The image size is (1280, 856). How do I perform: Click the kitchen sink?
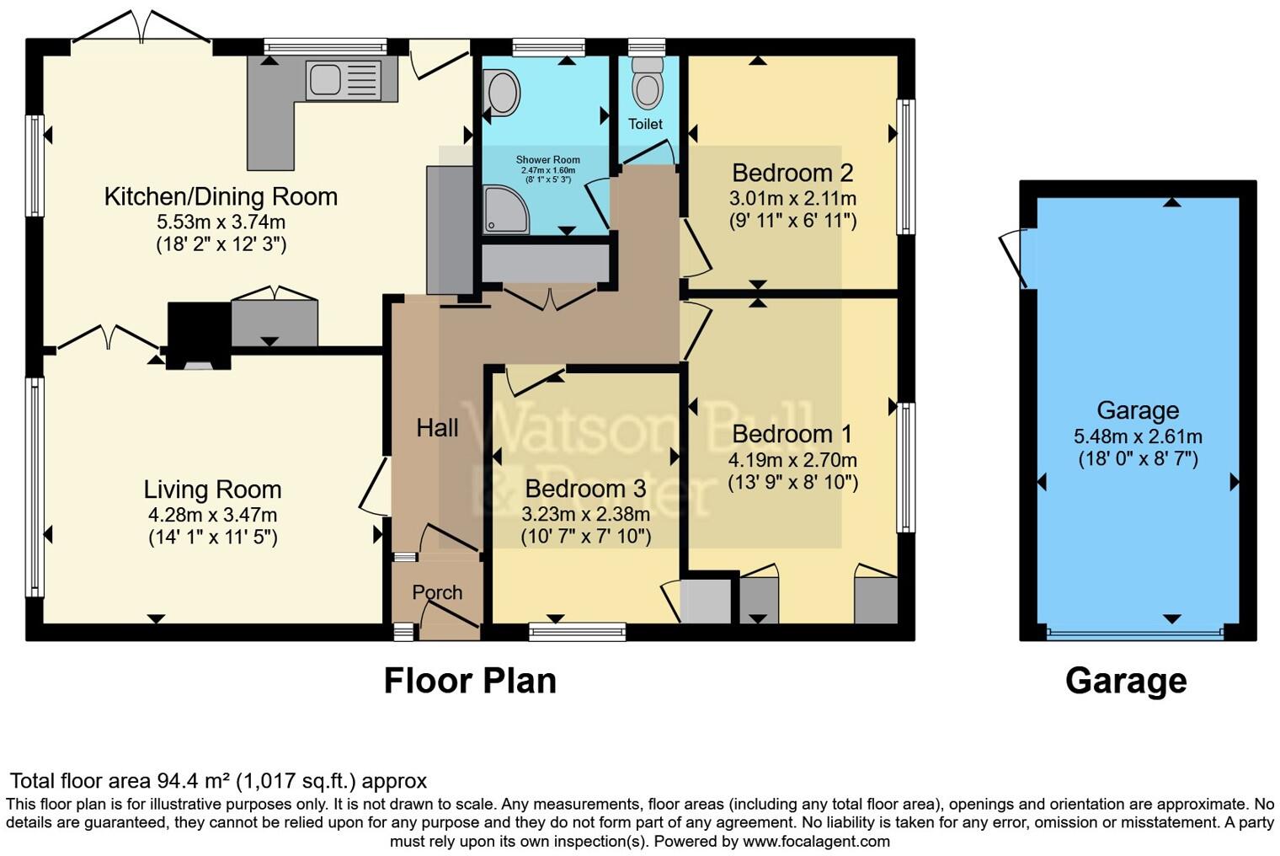pos(344,80)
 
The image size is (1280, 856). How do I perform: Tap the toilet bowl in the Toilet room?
pos(648,83)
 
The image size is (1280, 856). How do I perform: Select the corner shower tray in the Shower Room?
pos(506,209)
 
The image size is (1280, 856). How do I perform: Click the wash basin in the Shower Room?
pos(501,93)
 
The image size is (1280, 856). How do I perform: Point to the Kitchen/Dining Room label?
pos(221,196)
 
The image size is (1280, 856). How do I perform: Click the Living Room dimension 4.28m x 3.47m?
pos(212,515)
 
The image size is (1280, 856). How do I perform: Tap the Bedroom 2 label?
pos(792,173)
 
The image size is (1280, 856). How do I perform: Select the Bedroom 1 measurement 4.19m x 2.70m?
pos(792,460)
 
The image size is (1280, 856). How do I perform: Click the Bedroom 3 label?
pos(586,489)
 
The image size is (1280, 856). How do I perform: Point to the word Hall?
pos(437,428)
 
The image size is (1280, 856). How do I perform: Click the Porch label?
pos(437,592)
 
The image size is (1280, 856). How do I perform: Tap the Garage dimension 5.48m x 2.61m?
pos(1138,436)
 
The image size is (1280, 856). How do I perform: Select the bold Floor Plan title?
pos(470,681)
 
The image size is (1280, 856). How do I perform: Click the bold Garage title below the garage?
pos(1126,682)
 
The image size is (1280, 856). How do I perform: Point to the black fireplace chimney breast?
pos(199,335)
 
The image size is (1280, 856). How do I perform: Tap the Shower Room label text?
pos(548,160)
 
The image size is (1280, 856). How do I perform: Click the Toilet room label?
pos(646,124)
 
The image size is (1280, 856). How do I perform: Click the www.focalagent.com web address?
pos(816,841)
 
